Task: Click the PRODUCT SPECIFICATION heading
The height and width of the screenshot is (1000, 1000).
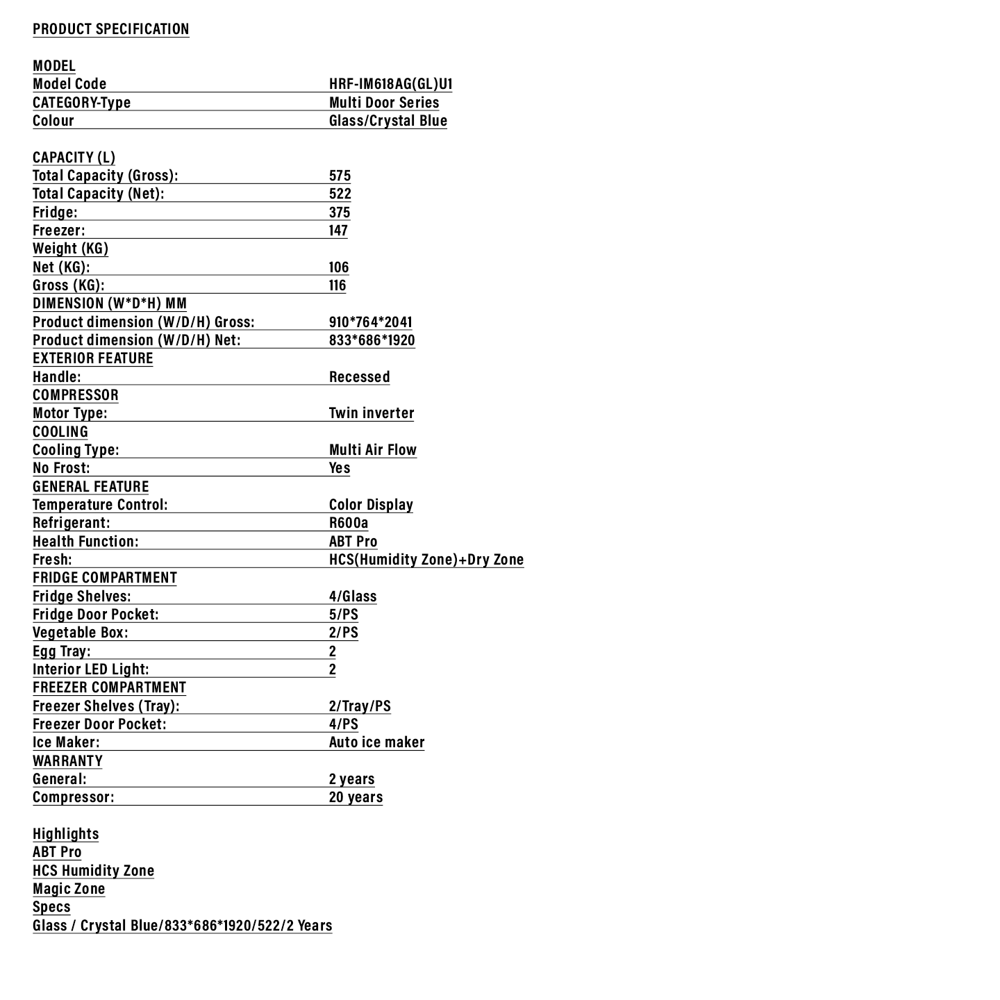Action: [111, 29]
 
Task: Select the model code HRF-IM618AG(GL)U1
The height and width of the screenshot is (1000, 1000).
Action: [390, 84]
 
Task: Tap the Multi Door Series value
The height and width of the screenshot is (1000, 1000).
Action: [384, 103]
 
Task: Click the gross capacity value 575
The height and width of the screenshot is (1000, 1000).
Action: [340, 176]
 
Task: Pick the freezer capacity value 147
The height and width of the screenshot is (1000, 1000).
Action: [338, 231]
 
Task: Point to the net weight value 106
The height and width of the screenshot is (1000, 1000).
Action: [339, 267]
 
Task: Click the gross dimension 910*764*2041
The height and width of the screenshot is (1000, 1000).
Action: [370, 322]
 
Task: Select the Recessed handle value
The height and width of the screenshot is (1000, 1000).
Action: [359, 377]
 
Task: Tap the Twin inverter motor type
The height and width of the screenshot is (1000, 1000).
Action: [372, 413]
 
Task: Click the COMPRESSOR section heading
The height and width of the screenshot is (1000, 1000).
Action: [76, 395]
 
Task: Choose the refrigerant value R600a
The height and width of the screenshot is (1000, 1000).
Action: [349, 523]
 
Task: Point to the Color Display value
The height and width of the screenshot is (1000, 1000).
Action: [371, 505]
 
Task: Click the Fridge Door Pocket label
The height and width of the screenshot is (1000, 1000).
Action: [96, 615]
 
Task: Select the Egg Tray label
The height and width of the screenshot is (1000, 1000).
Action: [62, 651]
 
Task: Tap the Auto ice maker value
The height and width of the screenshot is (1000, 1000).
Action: [376, 742]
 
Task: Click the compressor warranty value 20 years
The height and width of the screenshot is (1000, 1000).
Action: [356, 797]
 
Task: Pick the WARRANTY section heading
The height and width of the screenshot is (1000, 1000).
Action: [67, 761]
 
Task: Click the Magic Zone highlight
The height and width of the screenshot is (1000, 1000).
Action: [69, 889]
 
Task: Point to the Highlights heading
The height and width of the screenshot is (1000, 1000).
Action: [66, 834]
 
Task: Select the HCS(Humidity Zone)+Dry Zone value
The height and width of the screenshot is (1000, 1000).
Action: [426, 560]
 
